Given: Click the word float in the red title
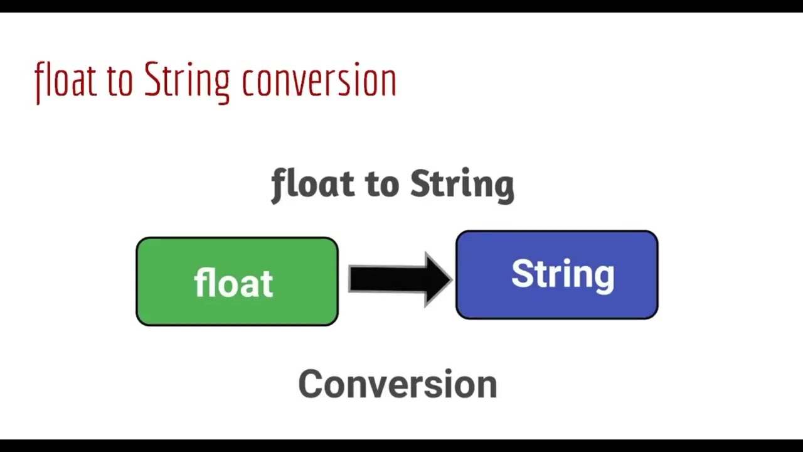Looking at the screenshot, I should click(x=65, y=80).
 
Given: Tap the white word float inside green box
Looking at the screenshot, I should click(x=233, y=283).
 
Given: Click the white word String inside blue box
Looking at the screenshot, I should click(x=563, y=274).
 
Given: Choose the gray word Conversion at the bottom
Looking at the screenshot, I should click(x=397, y=384).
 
